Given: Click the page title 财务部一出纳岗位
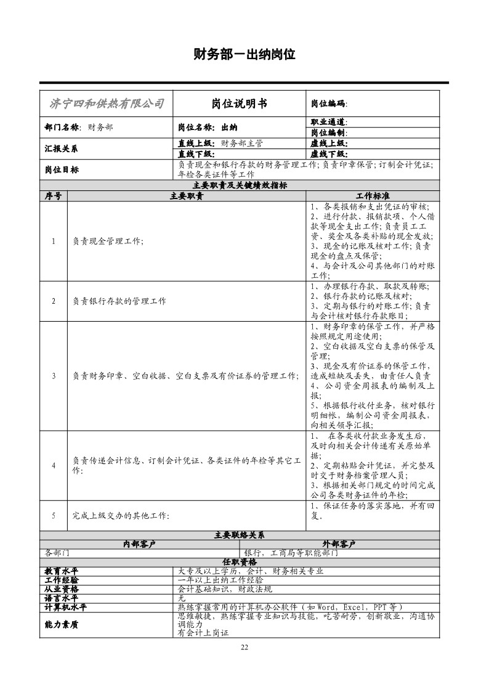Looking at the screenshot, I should coord(244,55).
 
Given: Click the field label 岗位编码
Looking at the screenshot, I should coord(328,104).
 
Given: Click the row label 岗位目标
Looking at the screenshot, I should coord(62,169).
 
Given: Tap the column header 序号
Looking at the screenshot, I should coord(54,195).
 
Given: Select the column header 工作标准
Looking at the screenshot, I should coord(372,195).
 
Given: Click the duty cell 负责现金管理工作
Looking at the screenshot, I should coord(108,241).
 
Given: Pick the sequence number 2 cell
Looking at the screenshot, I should coord(54,301).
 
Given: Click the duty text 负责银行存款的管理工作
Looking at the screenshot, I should coord(119,301).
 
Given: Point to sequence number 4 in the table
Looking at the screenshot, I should coord(54,465).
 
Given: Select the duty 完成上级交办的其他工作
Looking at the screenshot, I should coord(121,515).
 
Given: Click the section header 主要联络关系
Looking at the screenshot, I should coord(240,535).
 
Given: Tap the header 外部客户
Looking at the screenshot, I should coord(339,543).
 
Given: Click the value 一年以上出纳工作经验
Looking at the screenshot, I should coord(220,580).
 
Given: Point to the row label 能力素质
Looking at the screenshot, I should coord(62,624).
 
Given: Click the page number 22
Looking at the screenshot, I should coord(244,646).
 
